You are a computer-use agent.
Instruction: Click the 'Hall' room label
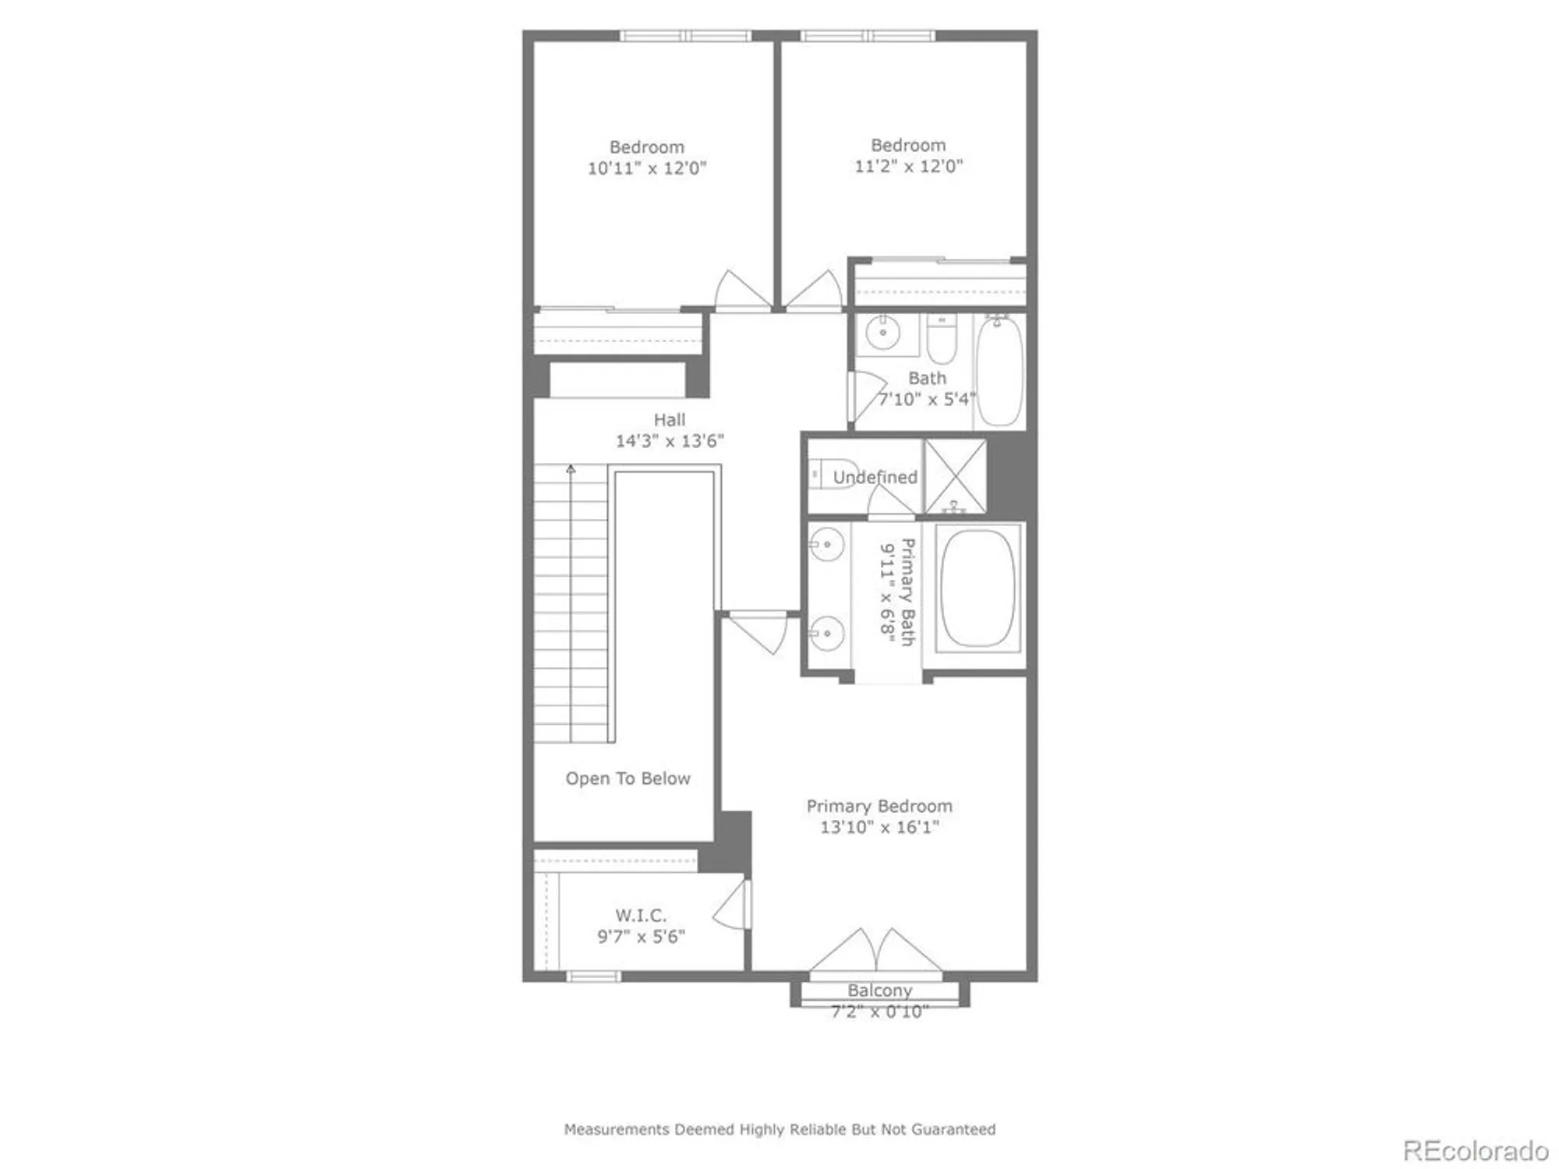(670, 420)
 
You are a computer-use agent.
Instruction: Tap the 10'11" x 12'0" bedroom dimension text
(646, 168)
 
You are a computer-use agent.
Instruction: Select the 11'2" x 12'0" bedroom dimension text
(908, 166)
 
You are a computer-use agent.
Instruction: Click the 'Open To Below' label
(627, 779)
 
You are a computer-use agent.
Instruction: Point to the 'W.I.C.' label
(641, 916)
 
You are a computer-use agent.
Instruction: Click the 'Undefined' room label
(875, 477)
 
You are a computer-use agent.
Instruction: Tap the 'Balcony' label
(879, 991)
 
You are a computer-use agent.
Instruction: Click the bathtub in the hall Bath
(999, 372)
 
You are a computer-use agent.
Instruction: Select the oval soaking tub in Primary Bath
(977, 588)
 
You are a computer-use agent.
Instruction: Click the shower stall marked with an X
(955, 476)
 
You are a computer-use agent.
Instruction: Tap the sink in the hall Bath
(882, 334)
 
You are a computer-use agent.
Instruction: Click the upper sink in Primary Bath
(827, 543)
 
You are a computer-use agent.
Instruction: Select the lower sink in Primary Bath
(827, 632)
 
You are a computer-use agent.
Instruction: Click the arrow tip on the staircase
(571, 469)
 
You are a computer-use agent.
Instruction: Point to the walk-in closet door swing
(733, 906)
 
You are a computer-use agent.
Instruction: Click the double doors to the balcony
(875, 952)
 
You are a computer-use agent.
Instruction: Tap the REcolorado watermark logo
(1476, 1151)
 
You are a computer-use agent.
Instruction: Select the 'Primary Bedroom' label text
(879, 806)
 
